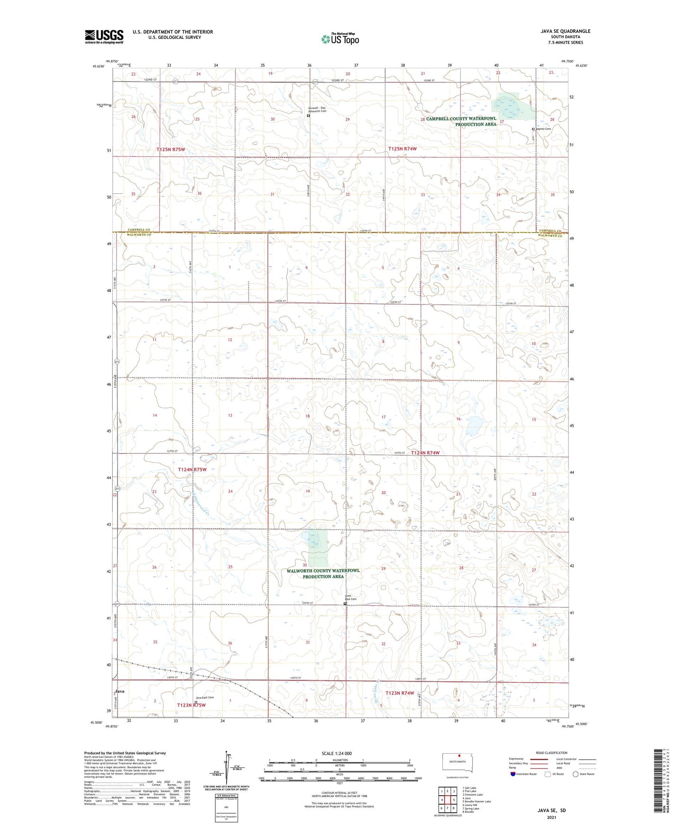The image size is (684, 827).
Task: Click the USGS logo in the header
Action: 104,36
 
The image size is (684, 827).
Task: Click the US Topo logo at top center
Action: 339,38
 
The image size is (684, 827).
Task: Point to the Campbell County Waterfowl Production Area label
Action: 462,121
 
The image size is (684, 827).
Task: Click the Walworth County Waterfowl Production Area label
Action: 323,574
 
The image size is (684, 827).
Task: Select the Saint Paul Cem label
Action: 350,598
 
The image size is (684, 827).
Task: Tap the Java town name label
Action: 120,692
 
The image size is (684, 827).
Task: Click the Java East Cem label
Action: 205,697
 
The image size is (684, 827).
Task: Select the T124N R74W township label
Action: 425,453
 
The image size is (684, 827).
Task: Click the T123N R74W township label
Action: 400,693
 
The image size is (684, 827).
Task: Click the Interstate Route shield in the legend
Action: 514,774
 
